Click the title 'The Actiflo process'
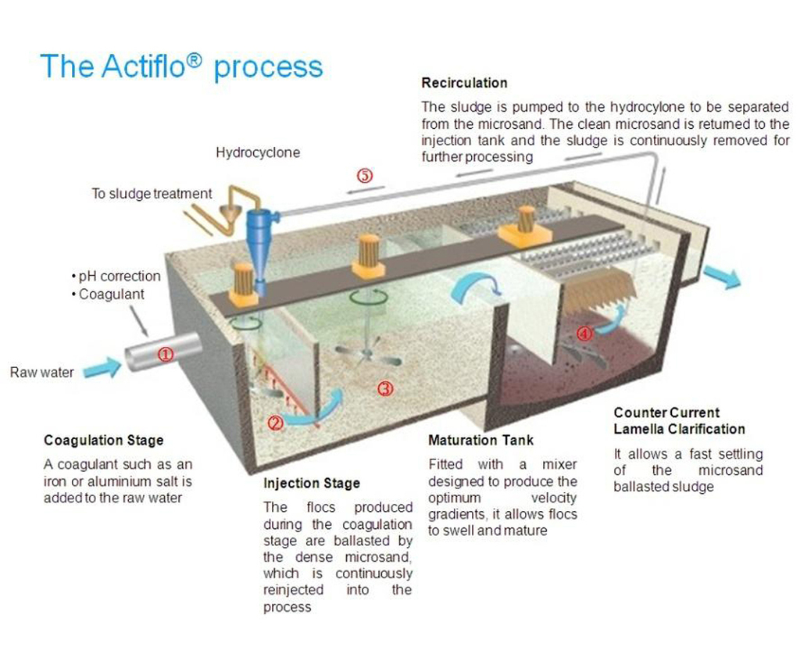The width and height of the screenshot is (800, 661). (180, 66)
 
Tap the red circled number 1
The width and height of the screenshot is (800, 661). (166, 354)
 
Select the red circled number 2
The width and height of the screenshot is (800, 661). (275, 423)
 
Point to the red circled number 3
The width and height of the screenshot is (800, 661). (385, 388)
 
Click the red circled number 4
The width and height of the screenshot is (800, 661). (584, 334)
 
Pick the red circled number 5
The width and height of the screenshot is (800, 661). (365, 176)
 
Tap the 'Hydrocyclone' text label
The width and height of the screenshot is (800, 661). (258, 152)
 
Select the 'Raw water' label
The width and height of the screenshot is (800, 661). (41, 372)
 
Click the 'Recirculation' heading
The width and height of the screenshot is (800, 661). (464, 83)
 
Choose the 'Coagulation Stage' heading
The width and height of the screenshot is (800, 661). (104, 441)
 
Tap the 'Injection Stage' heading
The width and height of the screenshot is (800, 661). (312, 484)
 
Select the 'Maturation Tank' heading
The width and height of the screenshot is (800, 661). (481, 441)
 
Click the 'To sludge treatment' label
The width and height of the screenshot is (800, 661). (152, 193)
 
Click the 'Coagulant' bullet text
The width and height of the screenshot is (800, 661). (112, 295)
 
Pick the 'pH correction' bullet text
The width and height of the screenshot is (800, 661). (120, 277)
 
